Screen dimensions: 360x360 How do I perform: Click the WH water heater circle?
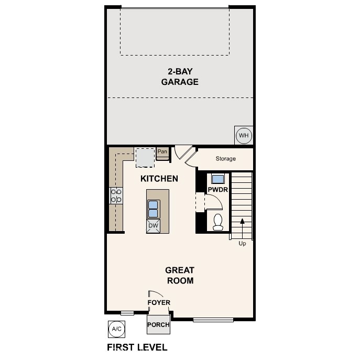click(x=244, y=136)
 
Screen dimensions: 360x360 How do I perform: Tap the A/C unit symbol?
click(x=116, y=329)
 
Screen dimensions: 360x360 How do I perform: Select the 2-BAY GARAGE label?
click(x=180, y=77)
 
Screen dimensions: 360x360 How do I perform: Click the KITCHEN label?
click(x=159, y=179)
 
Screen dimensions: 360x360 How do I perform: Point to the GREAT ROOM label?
click(x=180, y=275)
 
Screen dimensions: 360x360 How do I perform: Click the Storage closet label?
click(x=226, y=159)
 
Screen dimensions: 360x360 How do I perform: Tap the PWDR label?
click(x=217, y=190)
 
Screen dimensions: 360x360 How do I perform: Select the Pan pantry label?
click(x=162, y=152)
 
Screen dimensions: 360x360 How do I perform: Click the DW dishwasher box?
click(x=153, y=226)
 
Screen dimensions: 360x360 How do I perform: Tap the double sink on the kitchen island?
click(x=153, y=209)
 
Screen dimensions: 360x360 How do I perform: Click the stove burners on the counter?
click(x=116, y=196)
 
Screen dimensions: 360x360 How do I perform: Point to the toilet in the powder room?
click(x=219, y=222)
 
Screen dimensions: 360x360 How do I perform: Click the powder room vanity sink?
click(x=217, y=177)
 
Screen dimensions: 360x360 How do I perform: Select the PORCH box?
click(x=158, y=324)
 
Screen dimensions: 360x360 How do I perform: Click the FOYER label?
click(x=158, y=303)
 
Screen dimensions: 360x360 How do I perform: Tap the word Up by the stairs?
click(x=242, y=244)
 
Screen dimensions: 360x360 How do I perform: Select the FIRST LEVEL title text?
click(x=137, y=347)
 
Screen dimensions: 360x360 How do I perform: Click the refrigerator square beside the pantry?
click(x=145, y=156)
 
